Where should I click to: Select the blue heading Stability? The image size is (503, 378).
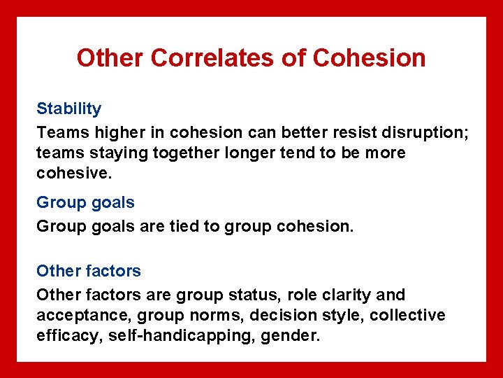68,108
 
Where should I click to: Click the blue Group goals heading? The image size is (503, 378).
85,202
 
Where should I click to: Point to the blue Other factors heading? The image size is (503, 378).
88,270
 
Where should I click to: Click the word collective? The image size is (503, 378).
407,315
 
